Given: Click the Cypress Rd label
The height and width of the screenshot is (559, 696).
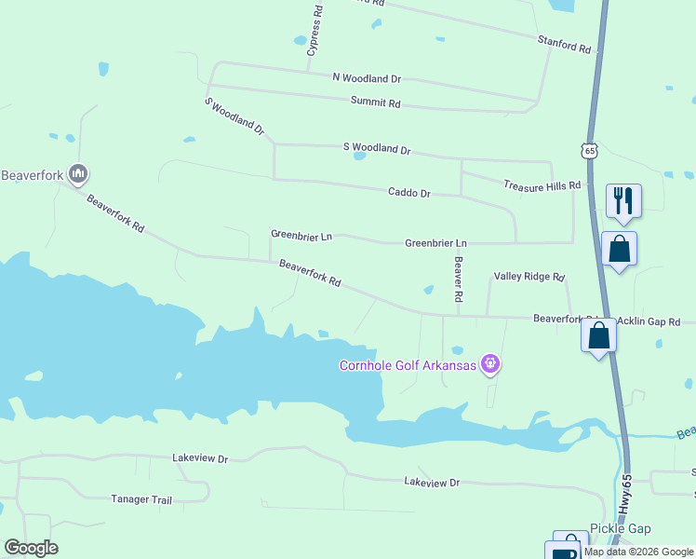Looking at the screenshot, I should click(316, 31).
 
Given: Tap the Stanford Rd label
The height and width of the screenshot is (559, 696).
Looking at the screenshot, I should click(564, 43).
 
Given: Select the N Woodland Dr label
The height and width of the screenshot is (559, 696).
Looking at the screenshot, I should click(367, 79).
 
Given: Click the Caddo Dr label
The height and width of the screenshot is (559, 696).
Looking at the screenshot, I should click(409, 193).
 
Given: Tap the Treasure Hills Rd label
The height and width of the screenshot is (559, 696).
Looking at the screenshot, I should click(542, 186).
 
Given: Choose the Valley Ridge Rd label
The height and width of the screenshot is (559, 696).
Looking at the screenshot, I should click(529, 277).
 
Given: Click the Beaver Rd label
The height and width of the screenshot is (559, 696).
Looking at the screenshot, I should click(458, 279).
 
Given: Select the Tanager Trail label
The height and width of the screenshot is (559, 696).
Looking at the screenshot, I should click(141, 499).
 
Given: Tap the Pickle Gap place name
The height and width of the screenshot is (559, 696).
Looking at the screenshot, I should click(621, 528).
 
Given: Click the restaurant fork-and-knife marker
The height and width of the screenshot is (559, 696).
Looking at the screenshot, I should click(623, 200).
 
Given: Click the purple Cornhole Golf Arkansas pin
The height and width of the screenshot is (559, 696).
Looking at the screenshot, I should click(490, 364).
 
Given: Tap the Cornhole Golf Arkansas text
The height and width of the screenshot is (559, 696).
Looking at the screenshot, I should click(408, 364).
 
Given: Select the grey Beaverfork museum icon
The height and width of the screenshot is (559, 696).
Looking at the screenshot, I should click(79, 173).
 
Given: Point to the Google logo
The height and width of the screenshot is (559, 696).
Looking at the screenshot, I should click(31, 548).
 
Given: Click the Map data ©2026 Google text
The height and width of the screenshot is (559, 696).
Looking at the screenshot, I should click(639, 552).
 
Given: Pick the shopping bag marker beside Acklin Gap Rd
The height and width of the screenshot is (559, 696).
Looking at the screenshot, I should click(599, 335).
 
